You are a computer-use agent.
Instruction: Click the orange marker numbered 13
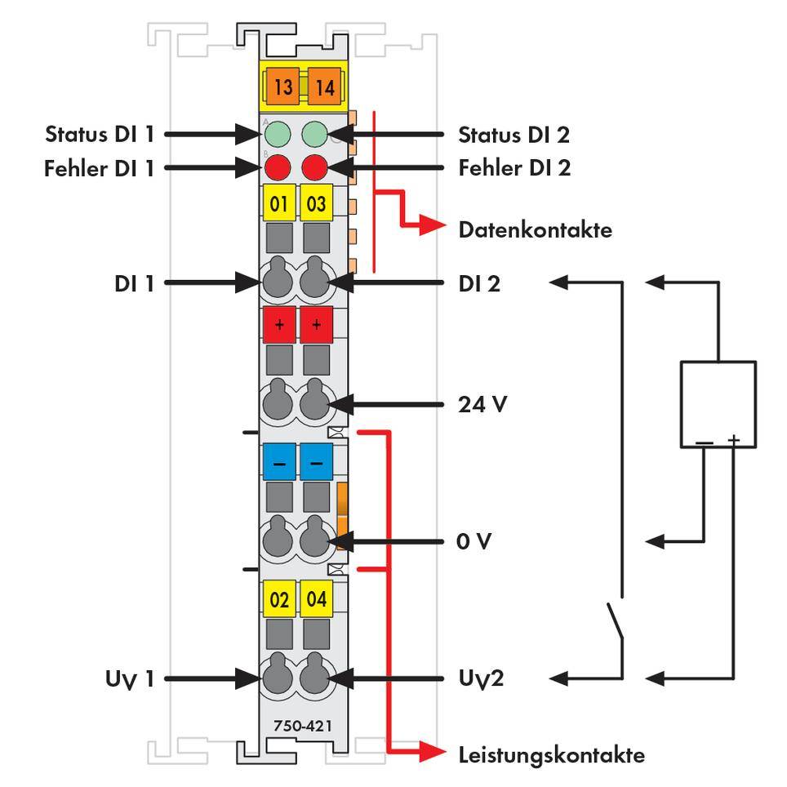point(282,87)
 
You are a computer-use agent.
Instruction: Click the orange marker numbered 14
point(324,87)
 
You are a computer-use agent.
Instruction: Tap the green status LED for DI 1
point(278,133)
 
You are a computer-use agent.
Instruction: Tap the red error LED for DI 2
point(315,168)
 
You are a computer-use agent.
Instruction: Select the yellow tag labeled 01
point(278,203)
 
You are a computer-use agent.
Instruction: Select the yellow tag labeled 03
point(316,203)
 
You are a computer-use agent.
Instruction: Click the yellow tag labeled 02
point(278,600)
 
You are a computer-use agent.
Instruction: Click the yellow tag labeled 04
point(316,600)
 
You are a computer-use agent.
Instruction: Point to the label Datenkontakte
point(535,230)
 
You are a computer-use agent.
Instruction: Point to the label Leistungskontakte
point(551,754)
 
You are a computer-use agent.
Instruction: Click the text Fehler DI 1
point(99,168)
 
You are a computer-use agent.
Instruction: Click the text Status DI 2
point(514,133)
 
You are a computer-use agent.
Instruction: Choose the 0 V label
point(474,541)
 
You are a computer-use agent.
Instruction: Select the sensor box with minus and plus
point(718,404)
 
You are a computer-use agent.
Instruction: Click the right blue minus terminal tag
point(316,462)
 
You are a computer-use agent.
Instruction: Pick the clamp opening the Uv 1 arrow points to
point(278,678)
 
